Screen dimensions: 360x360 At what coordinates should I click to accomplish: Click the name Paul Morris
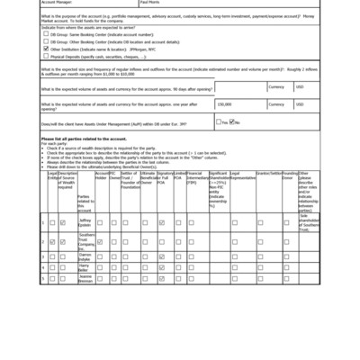[x=149, y=3]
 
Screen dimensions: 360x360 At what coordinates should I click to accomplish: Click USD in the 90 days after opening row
[x=301, y=87]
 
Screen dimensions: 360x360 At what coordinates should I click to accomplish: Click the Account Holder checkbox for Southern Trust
[x=100, y=242]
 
